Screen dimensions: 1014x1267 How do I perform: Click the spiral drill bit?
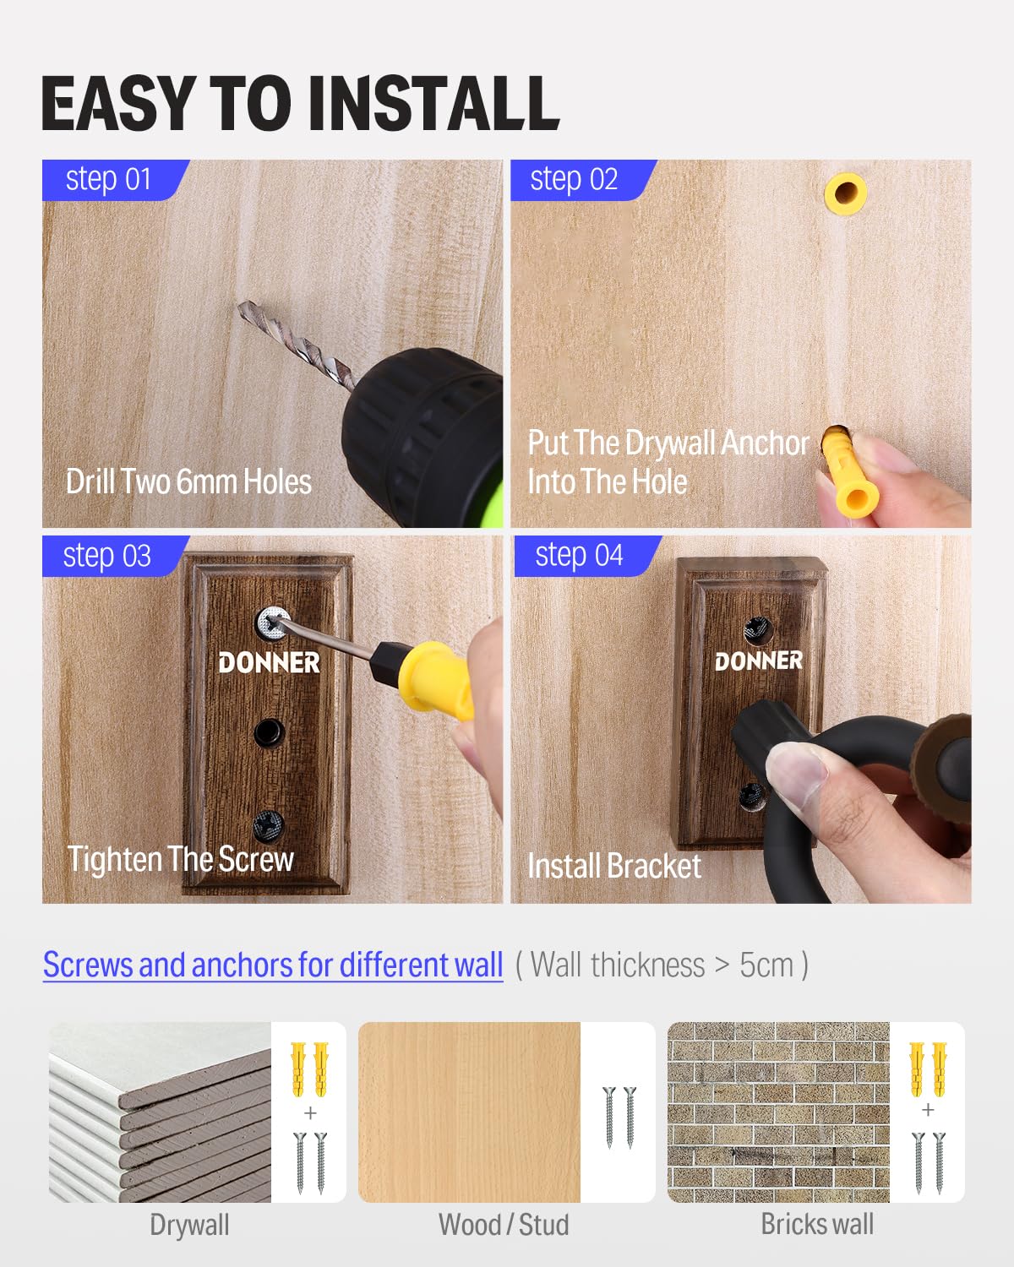point(297,345)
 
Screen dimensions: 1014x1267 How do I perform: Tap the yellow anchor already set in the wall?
point(846,193)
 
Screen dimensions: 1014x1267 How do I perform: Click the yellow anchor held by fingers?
point(848,472)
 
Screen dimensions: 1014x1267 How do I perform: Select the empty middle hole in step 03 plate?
point(270,731)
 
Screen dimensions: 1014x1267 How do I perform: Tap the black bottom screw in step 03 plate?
point(269,825)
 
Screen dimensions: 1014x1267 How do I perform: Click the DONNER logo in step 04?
point(758,661)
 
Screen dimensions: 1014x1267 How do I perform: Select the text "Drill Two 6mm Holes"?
point(188,481)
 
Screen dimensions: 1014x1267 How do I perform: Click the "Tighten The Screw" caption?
point(180,859)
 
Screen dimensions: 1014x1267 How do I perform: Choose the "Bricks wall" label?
point(817,1224)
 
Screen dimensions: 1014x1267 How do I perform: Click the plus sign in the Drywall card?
point(310,1112)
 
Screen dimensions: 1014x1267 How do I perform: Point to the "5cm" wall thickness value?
point(766,965)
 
